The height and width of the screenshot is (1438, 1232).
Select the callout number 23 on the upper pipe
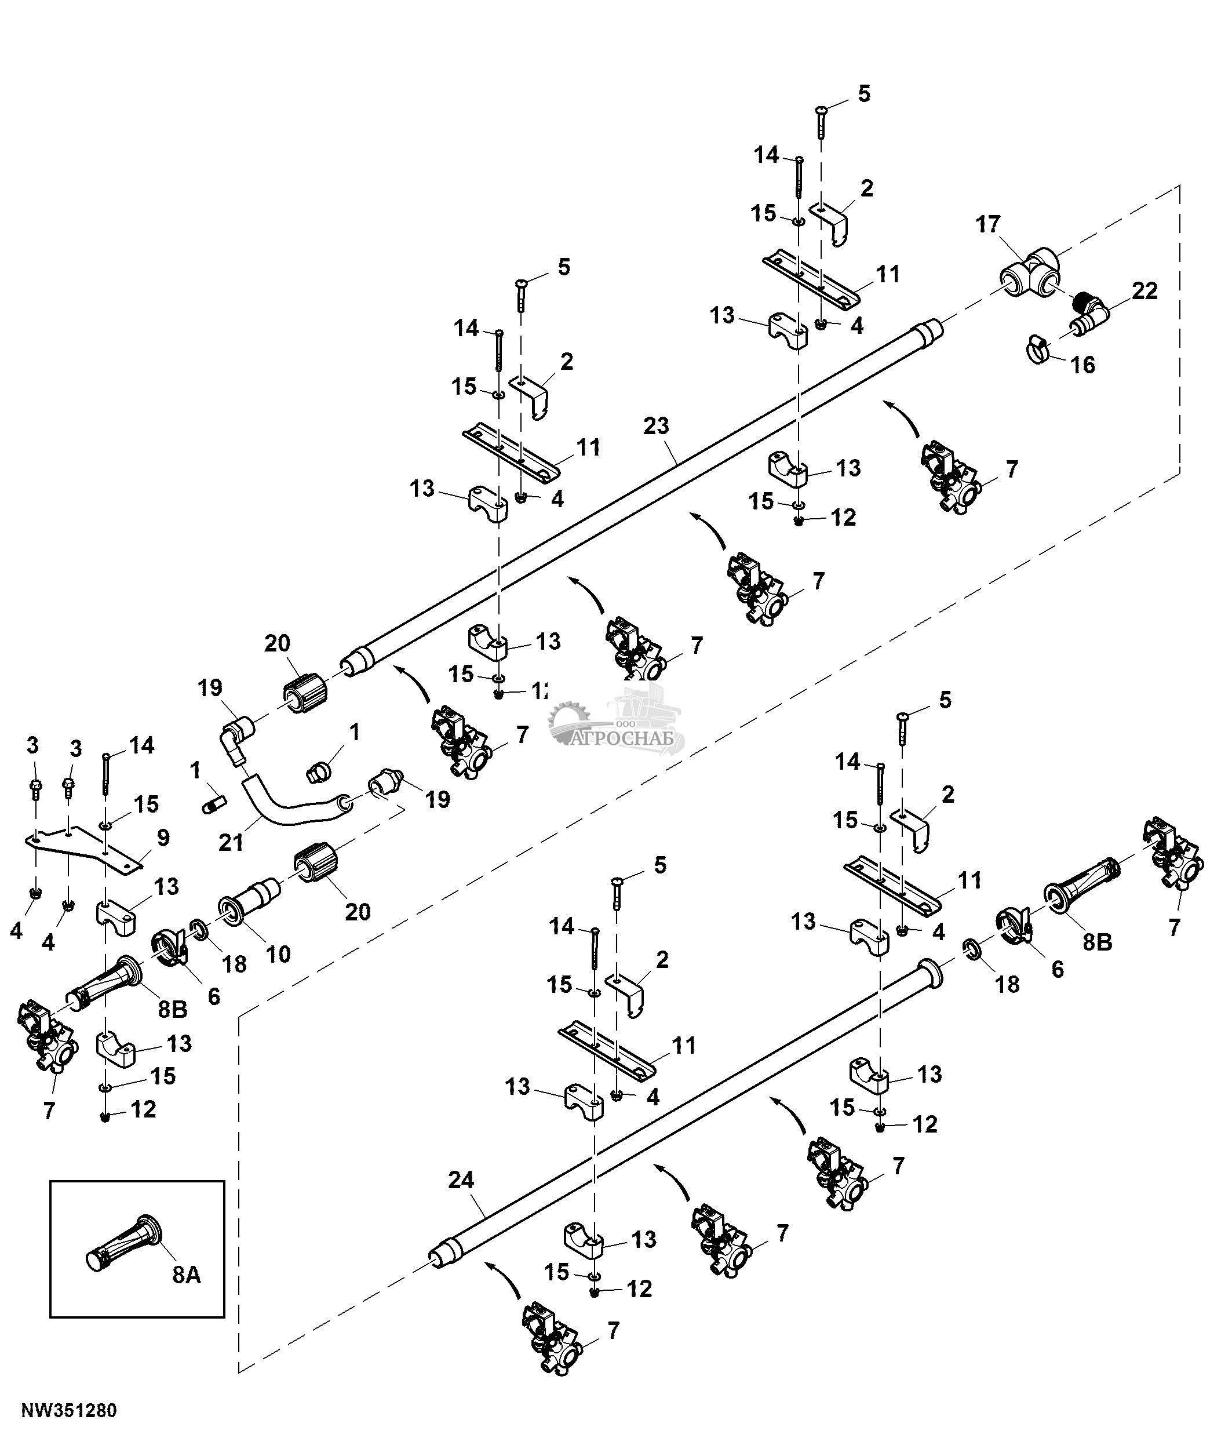pos(655,425)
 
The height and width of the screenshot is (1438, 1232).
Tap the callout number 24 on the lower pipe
pos(461,1180)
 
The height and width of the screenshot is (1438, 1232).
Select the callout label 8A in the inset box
pos(187,1275)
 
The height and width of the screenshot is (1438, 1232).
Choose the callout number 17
pos(988,224)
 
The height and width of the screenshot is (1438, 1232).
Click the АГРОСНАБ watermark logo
pos(617,721)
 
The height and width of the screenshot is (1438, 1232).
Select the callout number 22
pos(1144,291)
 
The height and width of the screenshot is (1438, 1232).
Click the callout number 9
pos(163,837)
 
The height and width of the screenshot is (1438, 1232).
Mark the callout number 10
pos(278,953)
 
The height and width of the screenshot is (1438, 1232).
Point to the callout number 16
pos(1083,365)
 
